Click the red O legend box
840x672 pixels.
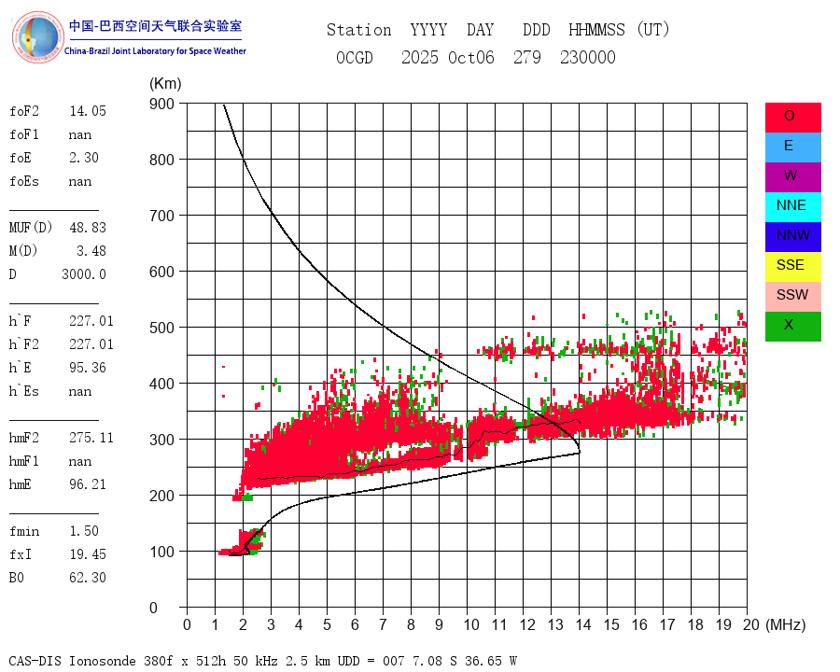(792, 117)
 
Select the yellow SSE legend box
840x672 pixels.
(792, 266)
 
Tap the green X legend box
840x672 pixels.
(792, 326)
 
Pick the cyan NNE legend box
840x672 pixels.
(792, 206)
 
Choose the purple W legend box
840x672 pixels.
(792, 176)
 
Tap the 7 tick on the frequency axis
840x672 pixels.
(383, 624)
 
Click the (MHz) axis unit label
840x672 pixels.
(785, 624)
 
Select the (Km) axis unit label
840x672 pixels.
(165, 84)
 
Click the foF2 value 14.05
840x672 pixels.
(88, 111)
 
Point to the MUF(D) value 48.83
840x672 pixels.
(88, 228)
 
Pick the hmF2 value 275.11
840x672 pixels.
(91, 438)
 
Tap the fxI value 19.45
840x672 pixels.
(88, 554)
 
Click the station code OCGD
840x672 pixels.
(355, 58)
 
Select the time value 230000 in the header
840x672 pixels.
(588, 58)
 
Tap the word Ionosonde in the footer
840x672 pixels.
(104, 662)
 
